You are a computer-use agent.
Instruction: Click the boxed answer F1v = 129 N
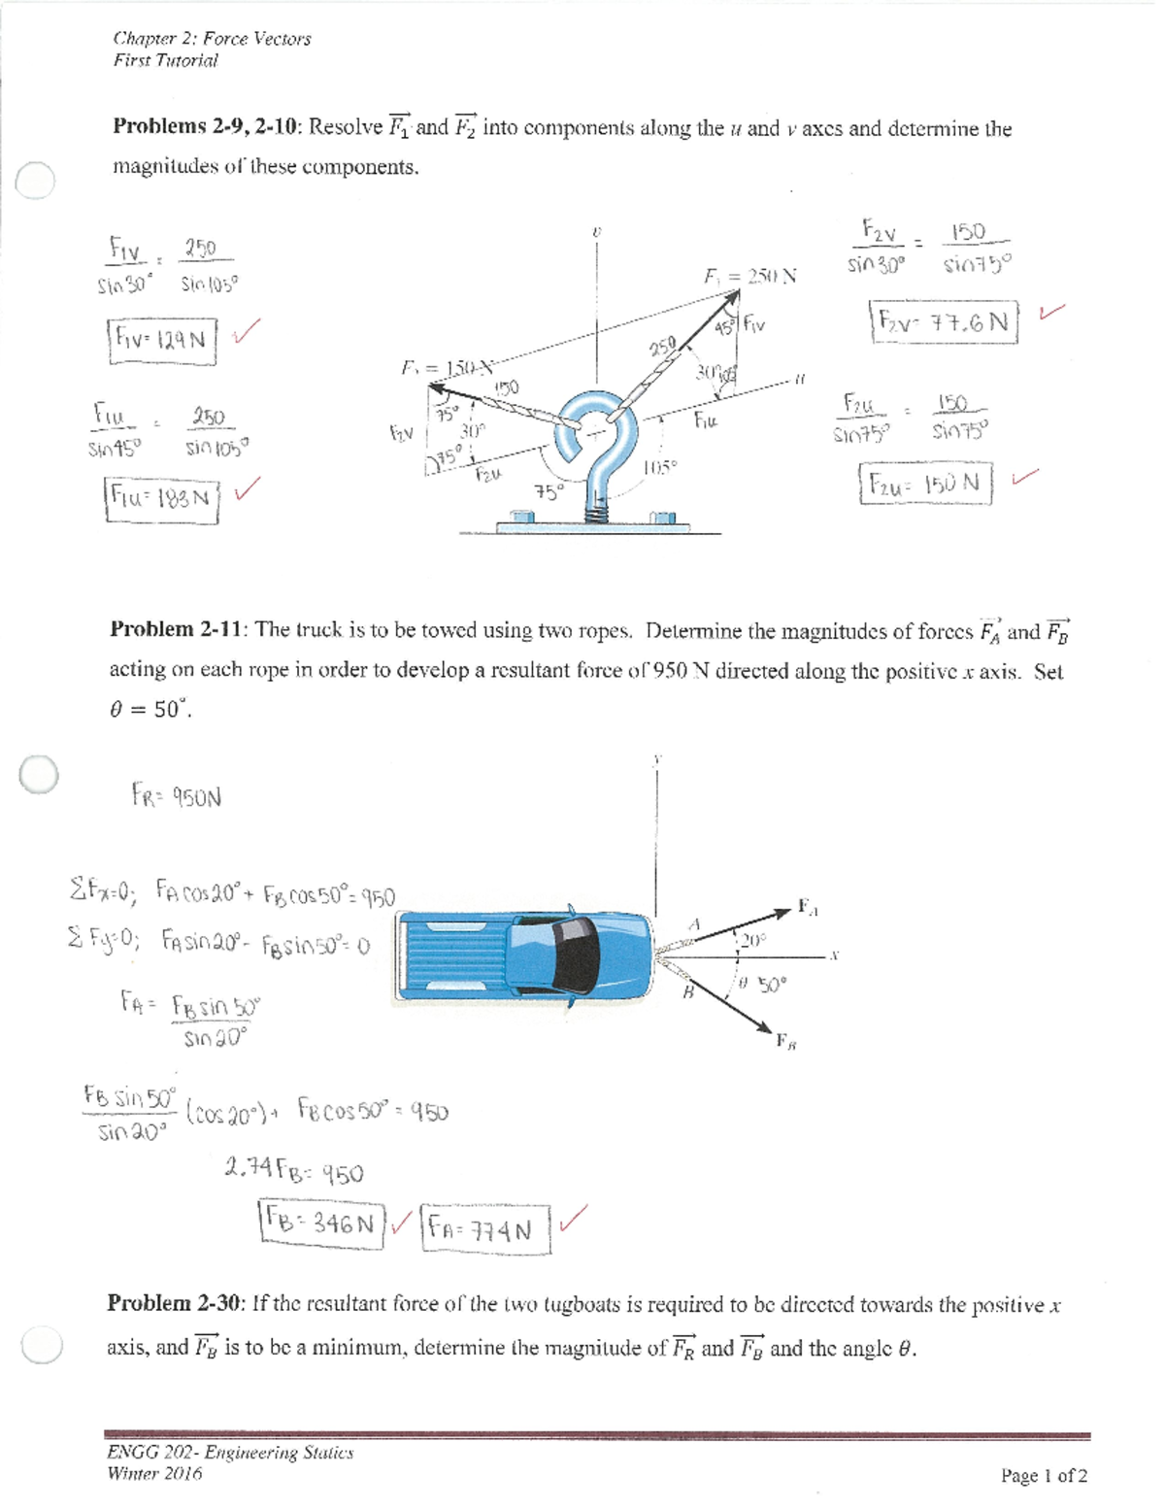coord(161,340)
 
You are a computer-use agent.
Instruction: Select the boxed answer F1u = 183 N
coord(161,498)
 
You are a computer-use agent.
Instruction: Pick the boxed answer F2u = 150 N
coord(925,484)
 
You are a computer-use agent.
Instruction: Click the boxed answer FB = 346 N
coord(322,1224)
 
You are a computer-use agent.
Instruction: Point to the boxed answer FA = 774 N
coord(485,1230)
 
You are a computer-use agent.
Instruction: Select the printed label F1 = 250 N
coord(749,276)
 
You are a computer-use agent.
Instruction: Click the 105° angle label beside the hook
coord(659,467)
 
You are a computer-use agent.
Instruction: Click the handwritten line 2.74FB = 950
coord(293,1170)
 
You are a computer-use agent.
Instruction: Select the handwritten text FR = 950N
coord(177,797)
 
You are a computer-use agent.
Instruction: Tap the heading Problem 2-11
coord(179,629)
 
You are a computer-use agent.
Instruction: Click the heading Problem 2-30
coord(176,1303)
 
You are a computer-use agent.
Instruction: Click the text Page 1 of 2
coord(1044,1476)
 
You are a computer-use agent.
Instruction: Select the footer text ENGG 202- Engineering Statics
coord(230,1453)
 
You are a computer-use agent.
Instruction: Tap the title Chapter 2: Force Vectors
coord(212,39)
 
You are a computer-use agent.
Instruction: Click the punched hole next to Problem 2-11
coord(39,775)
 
